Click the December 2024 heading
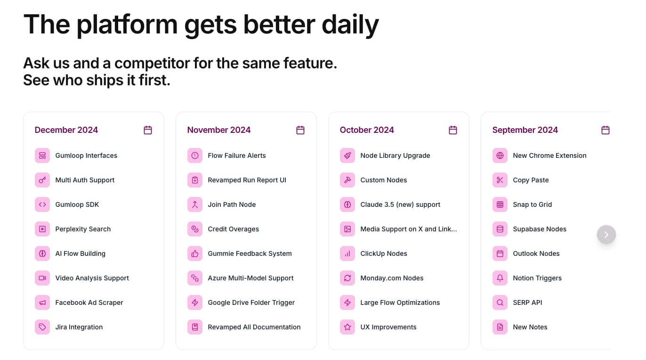tap(66, 130)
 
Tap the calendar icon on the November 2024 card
tap(300, 130)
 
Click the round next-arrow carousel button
tap(606, 234)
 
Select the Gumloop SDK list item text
tap(77, 205)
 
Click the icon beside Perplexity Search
tap(42, 229)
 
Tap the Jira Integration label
tap(79, 327)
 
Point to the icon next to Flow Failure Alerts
tap(195, 155)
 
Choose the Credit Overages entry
tap(234, 229)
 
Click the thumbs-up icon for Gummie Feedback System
tap(195, 254)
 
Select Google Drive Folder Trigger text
tap(251, 303)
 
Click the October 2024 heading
tap(366, 130)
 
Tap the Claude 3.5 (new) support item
tap(400, 205)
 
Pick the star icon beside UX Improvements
tap(347, 327)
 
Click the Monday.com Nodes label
tap(392, 278)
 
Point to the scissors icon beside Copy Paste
tap(500, 180)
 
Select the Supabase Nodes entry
tap(540, 229)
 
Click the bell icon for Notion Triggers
tap(500, 278)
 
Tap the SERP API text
tap(527, 303)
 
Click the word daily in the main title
tap(350, 25)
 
